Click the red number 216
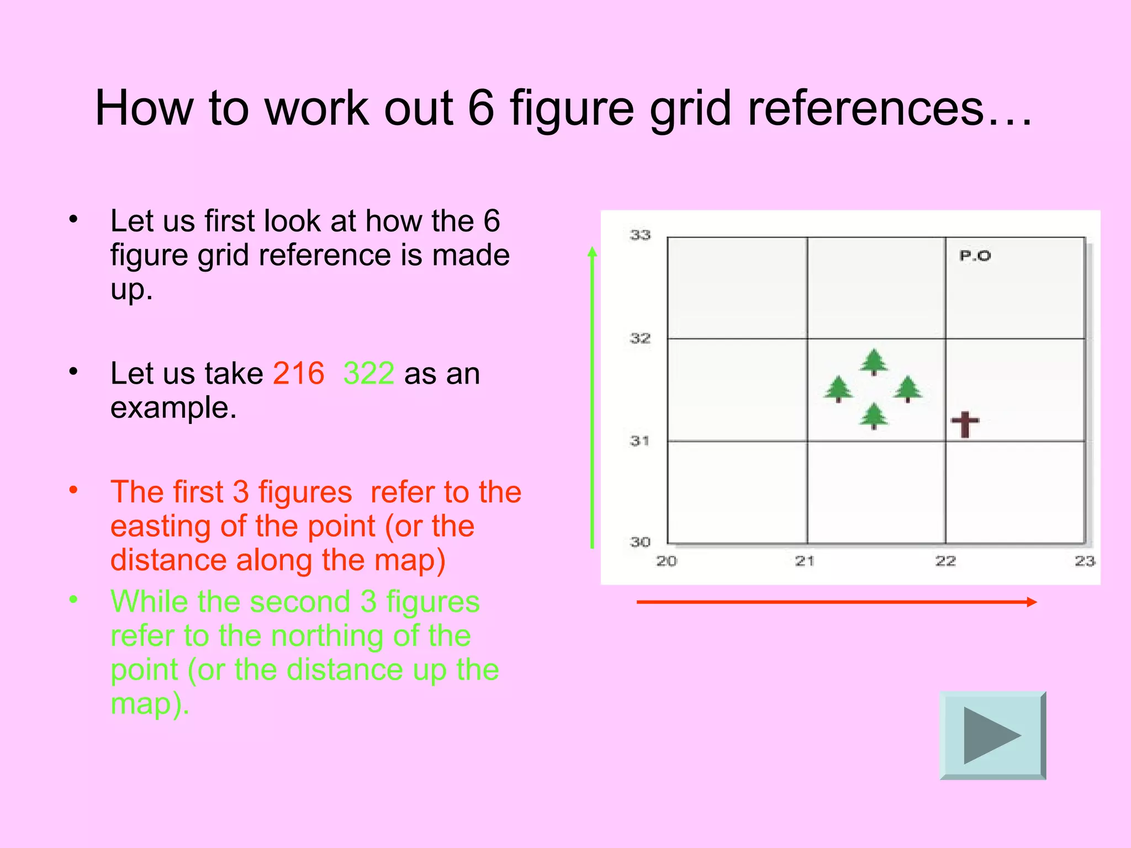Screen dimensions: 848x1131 click(298, 373)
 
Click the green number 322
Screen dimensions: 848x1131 click(368, 373)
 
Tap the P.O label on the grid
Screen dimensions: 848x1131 click(975, 256)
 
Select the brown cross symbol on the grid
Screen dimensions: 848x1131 click(965, 424)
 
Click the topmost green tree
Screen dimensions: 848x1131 click(874, 362)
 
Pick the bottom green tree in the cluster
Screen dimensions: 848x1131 click(874, 416)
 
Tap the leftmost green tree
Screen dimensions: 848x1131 click(838, 389)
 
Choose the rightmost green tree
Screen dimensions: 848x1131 click(908, 389)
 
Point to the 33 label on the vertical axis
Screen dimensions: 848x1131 click(640, 235)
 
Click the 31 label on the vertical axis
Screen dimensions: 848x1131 click(640, 441)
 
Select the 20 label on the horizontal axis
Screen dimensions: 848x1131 click(667, 561)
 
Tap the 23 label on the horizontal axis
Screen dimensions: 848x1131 click(1085, 561)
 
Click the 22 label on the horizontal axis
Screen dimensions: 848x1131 click(945, 561)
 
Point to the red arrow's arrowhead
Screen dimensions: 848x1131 click(1032, 602)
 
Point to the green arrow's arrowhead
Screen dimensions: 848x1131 click(592, 252)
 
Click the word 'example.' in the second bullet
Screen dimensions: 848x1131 click(173, 407)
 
